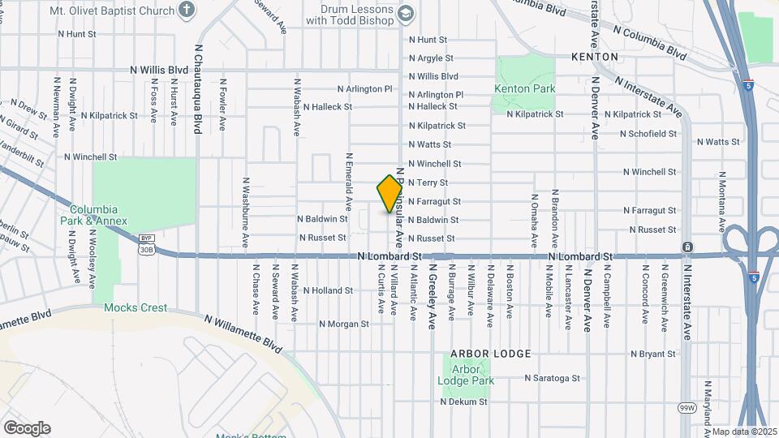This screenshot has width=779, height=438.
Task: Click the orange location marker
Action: click(x=390, y=194)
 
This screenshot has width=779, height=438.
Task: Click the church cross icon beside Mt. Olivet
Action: click(x=187, y=11)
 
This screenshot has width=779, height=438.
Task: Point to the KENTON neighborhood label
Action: click(x=595, y=57)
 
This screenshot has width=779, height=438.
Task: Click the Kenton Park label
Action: click(x=523, y=88)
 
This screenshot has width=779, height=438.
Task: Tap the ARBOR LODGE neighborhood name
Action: click(x=492, y=354)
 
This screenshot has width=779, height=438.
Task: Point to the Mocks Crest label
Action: click(x=136, y=308)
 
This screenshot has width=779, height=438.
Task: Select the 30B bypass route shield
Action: click(x=146, y=244)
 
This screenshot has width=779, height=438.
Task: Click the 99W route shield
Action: click(x=687, y=407)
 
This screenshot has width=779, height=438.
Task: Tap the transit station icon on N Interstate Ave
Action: click(x=688, y=247)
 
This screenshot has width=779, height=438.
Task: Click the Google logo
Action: click(x=27, y=427)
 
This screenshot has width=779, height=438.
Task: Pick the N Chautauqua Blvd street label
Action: click(x=197, y=89)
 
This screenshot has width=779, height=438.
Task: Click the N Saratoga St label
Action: click(x=552, y=378)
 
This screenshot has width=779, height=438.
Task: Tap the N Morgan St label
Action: click(x=343, y=324)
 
